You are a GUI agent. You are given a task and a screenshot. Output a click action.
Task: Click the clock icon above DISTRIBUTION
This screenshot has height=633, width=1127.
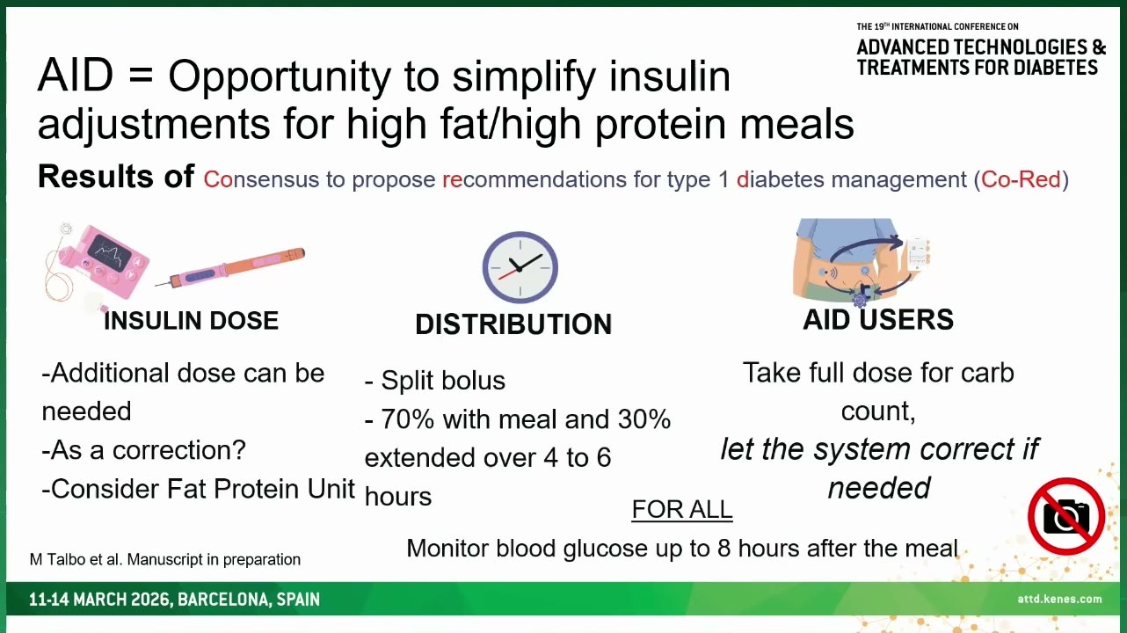(520, 267)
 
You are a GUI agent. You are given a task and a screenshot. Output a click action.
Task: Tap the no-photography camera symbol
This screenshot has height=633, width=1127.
(1066, 516)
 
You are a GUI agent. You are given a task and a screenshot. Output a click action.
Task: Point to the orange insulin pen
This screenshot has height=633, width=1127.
(230, 268)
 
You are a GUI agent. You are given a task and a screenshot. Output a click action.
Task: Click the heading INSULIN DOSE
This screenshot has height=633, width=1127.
(191, 321)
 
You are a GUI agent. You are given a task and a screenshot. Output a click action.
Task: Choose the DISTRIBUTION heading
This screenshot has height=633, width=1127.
(513, 324)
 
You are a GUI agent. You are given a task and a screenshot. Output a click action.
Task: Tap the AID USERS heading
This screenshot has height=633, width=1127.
(878, 319)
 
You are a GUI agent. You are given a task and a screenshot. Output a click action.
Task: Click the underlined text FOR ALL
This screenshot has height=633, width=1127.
(681, 509)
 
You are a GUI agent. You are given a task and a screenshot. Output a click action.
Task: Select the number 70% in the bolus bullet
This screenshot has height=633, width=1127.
(408, 418)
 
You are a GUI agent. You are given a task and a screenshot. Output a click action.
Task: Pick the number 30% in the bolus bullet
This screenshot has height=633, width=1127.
(644, 418)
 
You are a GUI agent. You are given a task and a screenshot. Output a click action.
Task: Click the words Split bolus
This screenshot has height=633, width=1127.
(443, 381)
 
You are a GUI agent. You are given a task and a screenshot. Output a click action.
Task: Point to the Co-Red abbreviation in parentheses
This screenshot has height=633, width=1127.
(1021, 179)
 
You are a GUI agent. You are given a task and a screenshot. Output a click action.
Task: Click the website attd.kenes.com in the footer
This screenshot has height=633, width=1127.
(1059, 599)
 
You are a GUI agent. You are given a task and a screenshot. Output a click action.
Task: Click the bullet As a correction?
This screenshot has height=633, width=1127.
(144, 450)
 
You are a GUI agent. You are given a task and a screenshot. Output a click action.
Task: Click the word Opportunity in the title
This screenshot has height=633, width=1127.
(280, 77)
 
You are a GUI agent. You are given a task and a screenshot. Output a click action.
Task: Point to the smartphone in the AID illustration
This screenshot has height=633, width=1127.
(917, 254)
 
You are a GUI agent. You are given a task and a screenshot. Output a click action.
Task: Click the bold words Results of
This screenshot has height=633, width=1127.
(116, 176)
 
